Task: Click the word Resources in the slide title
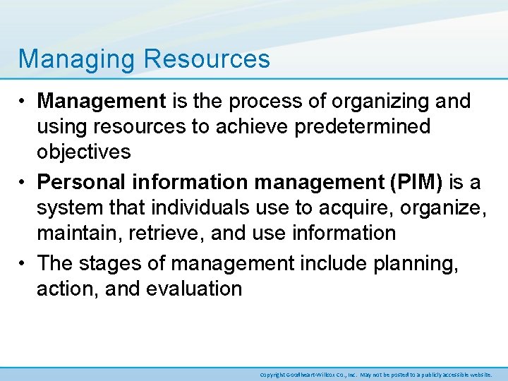[x=207, y=59]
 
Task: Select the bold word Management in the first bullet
[x=101, y=101]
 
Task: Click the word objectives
[x=84, y=152]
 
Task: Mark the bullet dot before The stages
[x=23, y=262]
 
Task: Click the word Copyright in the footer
[x=272, y=375]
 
